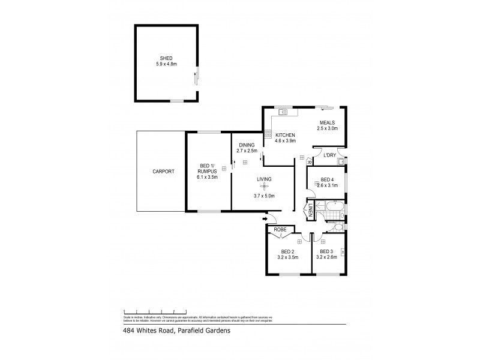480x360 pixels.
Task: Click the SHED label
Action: click(166, 58)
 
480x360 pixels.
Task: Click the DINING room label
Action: click(247, 145)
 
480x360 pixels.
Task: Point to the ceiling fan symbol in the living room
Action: click(262, 187)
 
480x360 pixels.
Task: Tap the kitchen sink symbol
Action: click(284, 112)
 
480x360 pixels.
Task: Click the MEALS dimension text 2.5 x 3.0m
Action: click(328, 128)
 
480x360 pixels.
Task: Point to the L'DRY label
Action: click(329, 156)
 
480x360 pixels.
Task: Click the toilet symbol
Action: click(339, 227)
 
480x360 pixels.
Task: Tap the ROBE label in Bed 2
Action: click(280, 230)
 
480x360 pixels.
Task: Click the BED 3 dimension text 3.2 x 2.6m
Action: click(327, 257)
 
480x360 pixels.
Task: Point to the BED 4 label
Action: click(327, 179)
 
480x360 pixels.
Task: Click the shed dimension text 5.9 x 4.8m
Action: click(166, 64)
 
